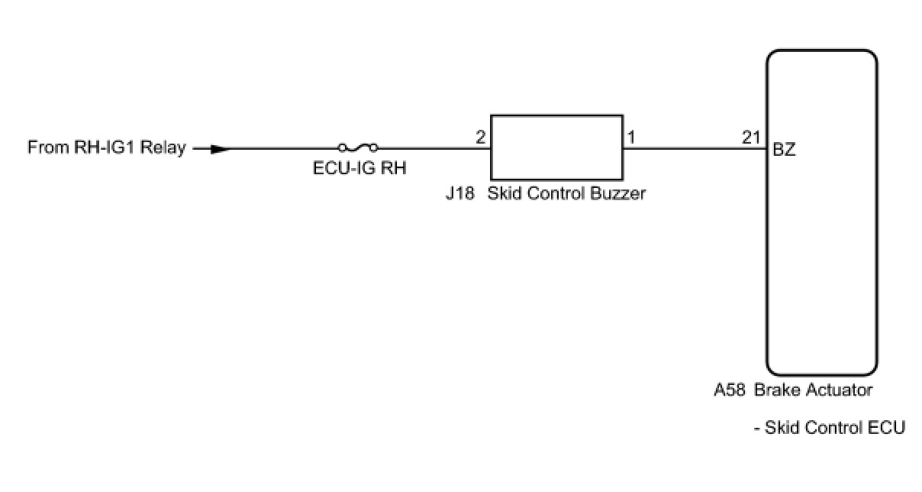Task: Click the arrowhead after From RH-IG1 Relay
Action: [220, 149]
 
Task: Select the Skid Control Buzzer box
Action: [556, 148]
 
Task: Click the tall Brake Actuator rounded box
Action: [821, 211]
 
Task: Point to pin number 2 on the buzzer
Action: [480, 138]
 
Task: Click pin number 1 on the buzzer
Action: [631, 138]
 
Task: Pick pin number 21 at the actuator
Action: [751, 138]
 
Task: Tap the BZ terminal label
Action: [784, 150]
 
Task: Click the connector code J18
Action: [460, 193]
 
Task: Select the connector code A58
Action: [730, 390]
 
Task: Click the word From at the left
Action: [46, 147]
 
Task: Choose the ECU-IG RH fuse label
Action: [359, 170]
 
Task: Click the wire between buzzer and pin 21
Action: [695, 149]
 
